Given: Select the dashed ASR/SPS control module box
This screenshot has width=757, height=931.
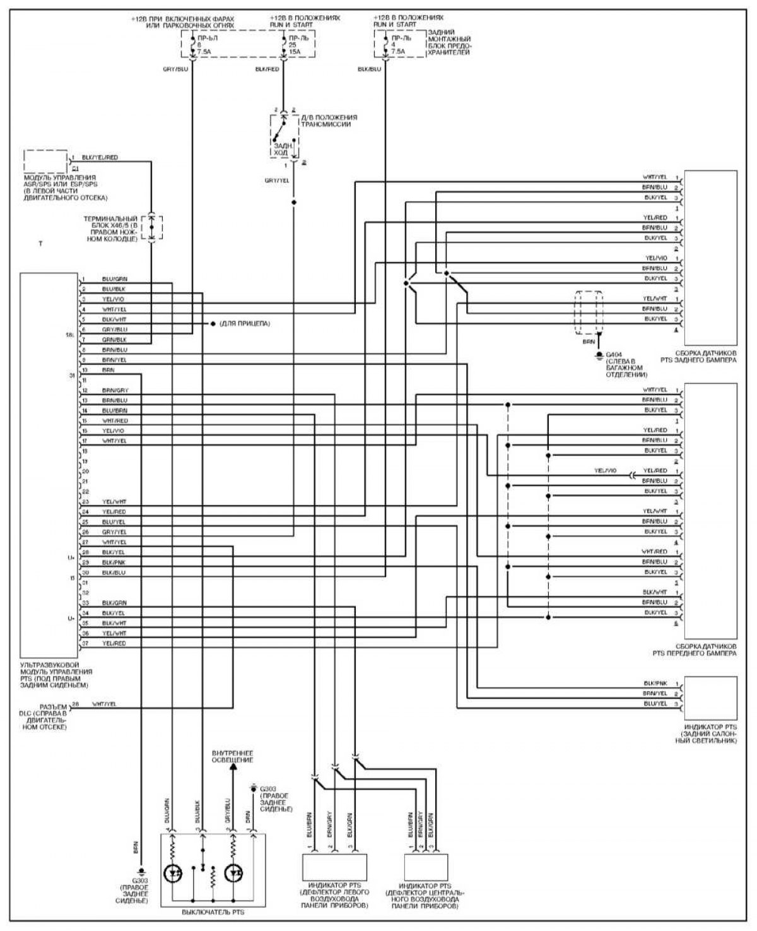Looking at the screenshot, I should (46, 161).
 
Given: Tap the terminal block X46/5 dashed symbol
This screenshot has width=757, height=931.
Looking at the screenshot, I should (151, 227).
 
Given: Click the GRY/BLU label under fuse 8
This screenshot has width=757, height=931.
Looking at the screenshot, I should (175, 69).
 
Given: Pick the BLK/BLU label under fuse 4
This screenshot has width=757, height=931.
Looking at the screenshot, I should (369, 69).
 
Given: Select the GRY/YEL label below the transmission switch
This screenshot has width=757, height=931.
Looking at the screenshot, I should (277, 181).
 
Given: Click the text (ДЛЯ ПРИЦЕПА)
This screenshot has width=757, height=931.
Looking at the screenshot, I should (245, 323).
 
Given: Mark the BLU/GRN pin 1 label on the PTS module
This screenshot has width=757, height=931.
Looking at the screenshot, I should (114, 279).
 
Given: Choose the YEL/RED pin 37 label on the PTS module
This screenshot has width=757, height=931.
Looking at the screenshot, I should (114, 643).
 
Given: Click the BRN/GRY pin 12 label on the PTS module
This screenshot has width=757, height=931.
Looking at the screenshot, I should (114, 391).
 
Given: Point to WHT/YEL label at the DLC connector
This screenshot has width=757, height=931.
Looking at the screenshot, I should (104, 704).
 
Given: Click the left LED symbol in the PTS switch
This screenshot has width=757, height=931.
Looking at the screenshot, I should (174, 874).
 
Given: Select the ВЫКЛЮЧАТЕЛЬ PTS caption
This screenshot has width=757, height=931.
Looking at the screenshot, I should (213, 912).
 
